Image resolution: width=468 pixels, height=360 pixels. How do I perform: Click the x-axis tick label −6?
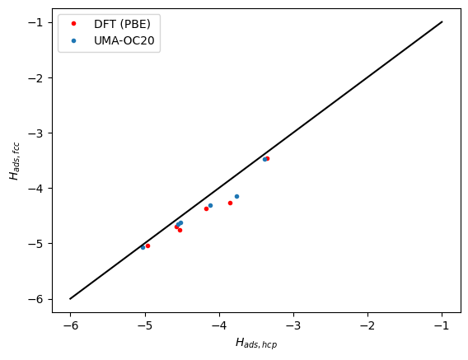[70, 325]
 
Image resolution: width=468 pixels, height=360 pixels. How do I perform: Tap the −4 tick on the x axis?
[219, 325]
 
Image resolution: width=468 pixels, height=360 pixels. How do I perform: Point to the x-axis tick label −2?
[367, 325]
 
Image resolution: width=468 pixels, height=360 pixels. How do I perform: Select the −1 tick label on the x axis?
[442, 325]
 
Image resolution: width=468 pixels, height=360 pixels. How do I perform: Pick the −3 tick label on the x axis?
[293, 325]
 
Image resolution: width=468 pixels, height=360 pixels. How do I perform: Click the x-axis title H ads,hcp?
[256, 343]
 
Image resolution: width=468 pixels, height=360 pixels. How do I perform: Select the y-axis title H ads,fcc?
[14, 161]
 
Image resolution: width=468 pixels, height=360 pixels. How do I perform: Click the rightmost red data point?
[267, 158]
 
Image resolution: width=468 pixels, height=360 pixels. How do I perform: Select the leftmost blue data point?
[143, 247]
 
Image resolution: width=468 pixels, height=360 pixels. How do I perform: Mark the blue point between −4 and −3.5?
[236, 196]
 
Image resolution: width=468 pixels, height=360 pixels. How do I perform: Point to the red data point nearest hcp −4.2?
[206, 208]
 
